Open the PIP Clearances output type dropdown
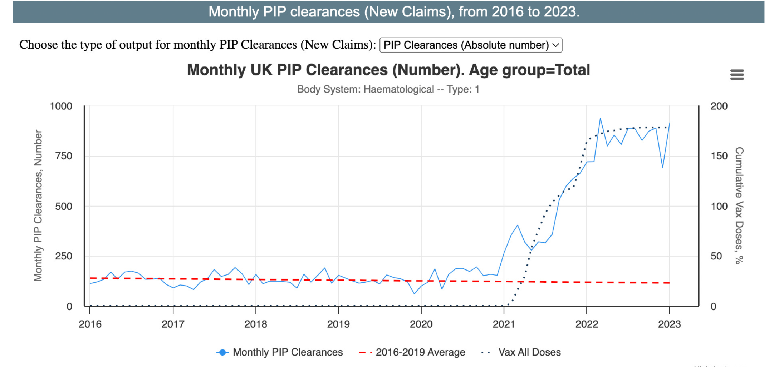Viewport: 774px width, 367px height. click(x=470, y=45)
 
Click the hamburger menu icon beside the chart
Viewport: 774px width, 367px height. click(x=737, y=75)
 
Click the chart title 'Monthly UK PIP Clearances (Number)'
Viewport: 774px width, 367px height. click(x=388, y=70)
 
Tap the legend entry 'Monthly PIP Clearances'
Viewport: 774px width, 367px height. click(x=288, y=352)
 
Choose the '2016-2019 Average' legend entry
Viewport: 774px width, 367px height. click(x=420, y=352)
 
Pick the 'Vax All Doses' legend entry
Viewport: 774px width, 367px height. click(x=529, y=352)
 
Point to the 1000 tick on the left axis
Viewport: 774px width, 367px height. click(x=61, y=106)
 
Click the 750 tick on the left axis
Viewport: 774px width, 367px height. click(x=63, y=156)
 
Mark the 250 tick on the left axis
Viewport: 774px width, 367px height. click(x=63, y=256)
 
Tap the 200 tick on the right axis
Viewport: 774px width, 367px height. click(x=719, y=106)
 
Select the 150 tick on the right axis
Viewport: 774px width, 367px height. click(x=719, y=156)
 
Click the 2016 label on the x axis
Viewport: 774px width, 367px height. click(x=90, y=324)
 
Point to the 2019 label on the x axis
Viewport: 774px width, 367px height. click(x=338, y=324)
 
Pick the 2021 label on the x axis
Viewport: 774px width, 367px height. click(x=504, y=324)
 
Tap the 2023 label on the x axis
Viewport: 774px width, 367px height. click(x=669, y=324)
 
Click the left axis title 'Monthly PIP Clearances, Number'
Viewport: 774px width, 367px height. click(x=38, y=205)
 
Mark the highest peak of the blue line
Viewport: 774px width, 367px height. click(x=600, y=118)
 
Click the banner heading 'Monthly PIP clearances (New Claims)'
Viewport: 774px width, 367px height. click(x=393, y=12)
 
